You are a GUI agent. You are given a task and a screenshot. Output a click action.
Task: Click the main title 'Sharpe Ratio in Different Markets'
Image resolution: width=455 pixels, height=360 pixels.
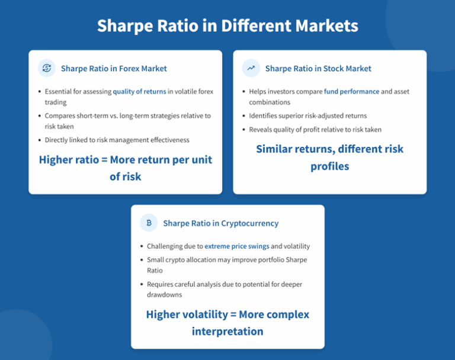(x=227, y=26)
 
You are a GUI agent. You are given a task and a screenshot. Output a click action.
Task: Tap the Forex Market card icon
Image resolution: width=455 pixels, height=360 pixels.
(x=46, y=68)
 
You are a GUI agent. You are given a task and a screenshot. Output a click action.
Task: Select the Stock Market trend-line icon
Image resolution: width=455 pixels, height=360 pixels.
(x=251, y=68)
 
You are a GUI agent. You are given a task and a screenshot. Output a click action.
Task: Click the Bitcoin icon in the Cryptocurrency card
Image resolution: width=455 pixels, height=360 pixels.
(x=149, y=223)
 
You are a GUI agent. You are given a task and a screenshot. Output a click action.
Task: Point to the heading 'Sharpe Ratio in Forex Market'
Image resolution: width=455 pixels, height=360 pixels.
(x=114, y=69)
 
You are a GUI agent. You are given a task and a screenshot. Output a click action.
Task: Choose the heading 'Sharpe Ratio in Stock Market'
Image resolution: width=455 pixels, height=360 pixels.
(x=318, y=69)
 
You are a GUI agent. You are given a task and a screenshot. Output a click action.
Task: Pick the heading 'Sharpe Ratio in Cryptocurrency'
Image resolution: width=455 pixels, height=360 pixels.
(x=220, y=223)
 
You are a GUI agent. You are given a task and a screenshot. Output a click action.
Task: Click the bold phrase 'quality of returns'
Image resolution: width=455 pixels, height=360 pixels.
(x=139, y=92)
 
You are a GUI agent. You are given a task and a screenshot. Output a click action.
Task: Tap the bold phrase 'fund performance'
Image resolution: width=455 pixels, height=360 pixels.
(x=351, y=92)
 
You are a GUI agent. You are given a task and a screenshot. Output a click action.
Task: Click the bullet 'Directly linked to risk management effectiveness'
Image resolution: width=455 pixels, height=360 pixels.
(x=117, y=140)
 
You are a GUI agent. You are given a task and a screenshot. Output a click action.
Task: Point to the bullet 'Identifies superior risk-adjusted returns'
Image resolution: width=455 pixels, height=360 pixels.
(x=307, y=116)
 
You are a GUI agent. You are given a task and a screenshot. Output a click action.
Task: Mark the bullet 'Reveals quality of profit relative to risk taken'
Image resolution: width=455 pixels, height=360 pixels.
(x=315, y=130)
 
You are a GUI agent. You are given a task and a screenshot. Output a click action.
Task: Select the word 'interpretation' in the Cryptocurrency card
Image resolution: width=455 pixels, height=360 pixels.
(x=227, y=331)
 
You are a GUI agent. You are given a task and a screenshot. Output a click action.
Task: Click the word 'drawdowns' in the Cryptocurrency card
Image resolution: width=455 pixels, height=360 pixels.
(x=165, y=295)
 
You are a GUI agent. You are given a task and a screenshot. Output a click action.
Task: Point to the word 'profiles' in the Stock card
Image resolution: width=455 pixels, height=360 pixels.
(x=329, y=166)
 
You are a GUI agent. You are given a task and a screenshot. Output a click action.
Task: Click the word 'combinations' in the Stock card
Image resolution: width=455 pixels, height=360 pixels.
(x=270, y=102)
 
